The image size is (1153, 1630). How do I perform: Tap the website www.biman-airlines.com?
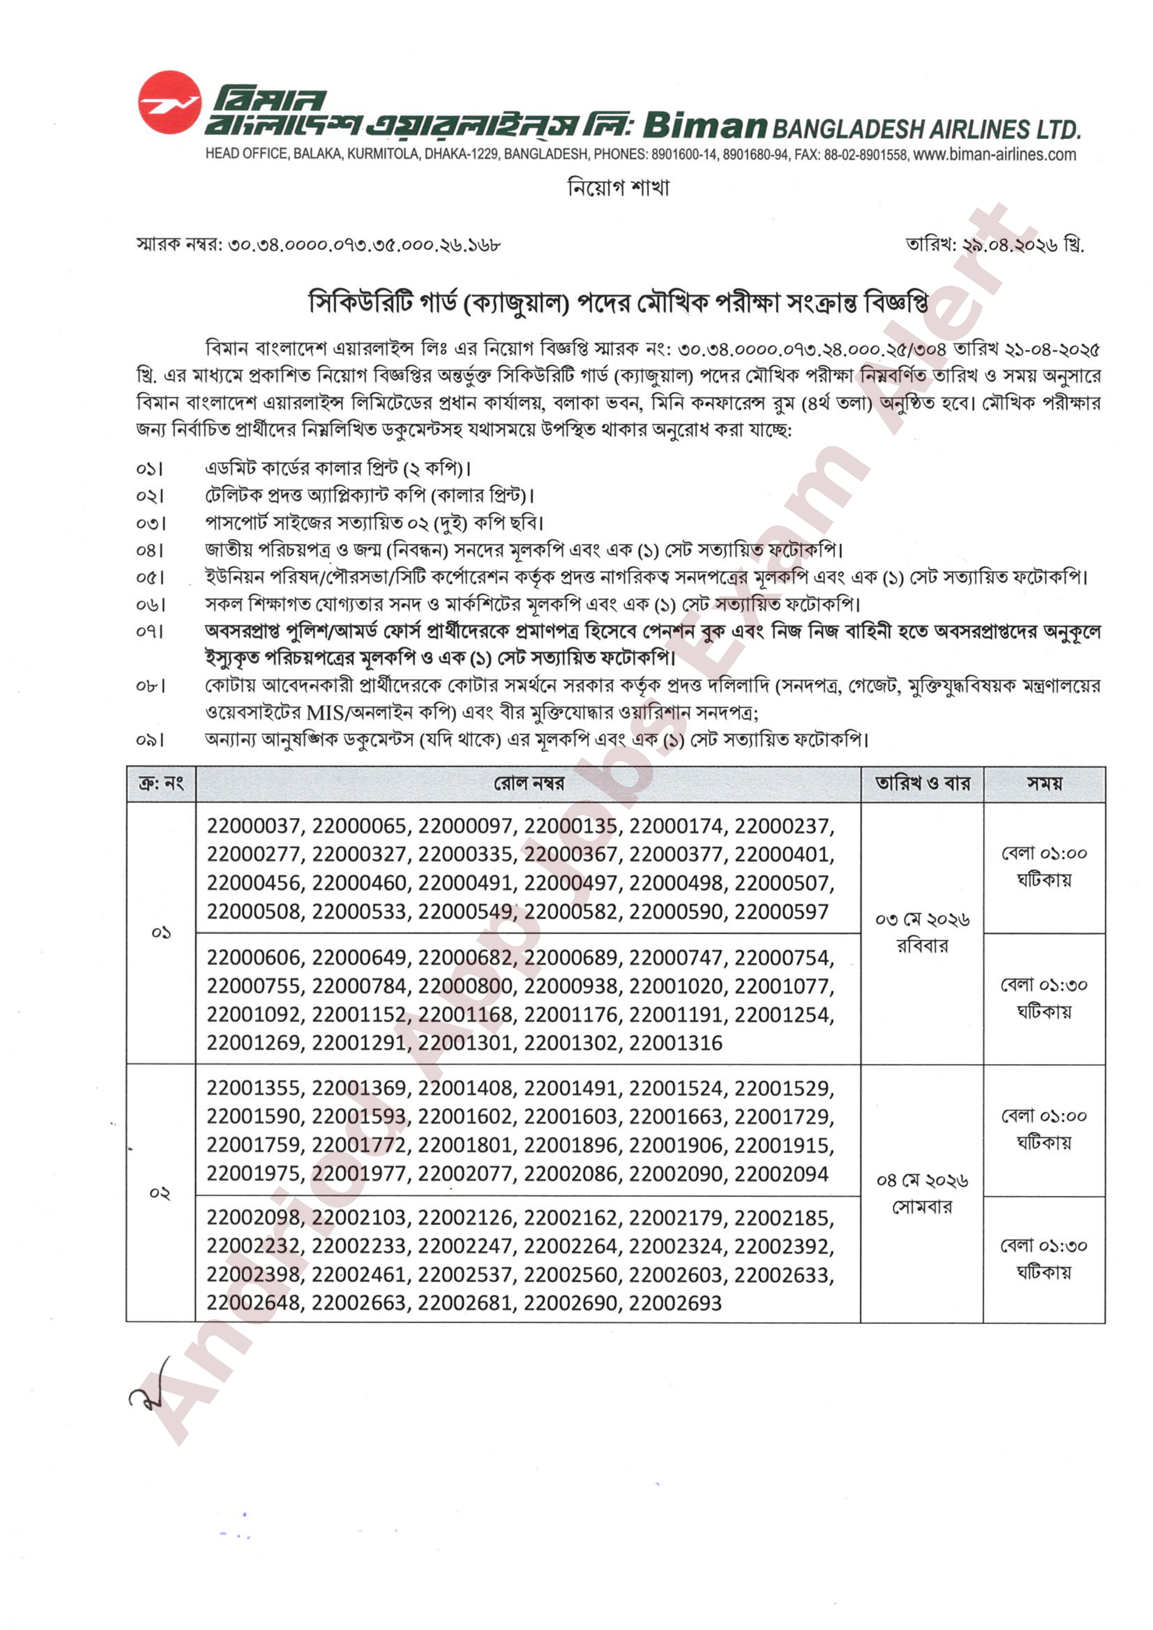994,154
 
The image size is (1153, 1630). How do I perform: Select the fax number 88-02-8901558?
865,154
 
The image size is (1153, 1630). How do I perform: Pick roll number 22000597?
782,911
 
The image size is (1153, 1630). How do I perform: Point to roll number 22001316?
675,1043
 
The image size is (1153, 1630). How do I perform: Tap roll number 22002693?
675,1303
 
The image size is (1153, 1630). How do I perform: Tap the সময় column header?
1044,784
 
